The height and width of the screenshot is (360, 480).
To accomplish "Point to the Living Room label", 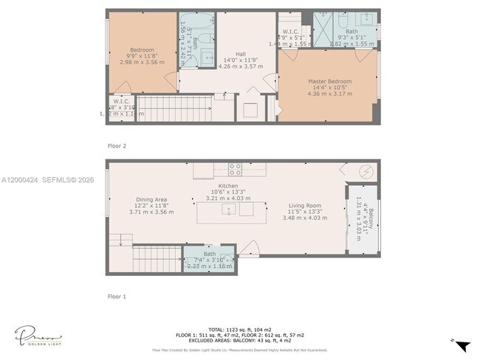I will click(x=304, y=205).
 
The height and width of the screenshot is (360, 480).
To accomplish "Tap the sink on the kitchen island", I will click(x=229, y=210).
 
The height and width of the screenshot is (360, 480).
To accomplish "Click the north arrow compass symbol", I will click(x=462, y=345).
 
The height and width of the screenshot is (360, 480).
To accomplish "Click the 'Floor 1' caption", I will click(x=117, y=297).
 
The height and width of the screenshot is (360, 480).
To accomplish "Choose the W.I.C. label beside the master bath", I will click(x=288, y=32).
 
